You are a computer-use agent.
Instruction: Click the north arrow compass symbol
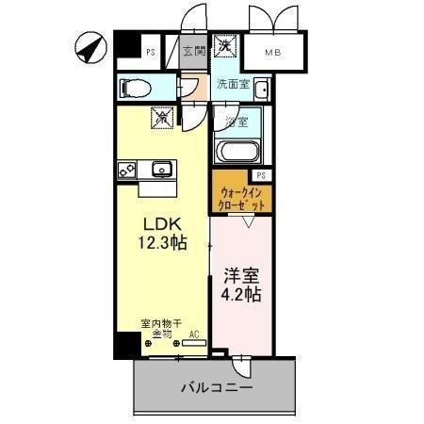click(x=89, y=47)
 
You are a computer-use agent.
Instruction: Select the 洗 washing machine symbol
click(x=226, y=46)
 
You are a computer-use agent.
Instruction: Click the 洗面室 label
click(x=233, y=85)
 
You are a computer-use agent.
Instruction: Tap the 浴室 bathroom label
click(x=236, y=122)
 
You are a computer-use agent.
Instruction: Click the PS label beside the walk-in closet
click(x=261, y=176)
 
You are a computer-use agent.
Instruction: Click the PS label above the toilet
click(x=151, y=53)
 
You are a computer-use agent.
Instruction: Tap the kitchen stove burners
click(x=126, y=171)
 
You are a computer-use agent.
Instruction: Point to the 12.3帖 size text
click(x=160, y=243)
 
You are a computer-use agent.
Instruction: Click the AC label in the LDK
click(x=193, y=334)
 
